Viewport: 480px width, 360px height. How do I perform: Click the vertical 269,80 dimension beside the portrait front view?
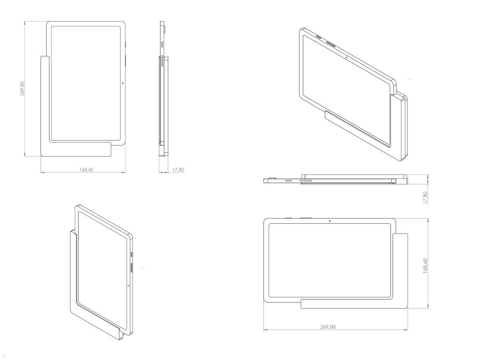coord(22,88)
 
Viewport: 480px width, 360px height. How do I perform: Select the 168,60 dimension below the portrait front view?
coord(86,170)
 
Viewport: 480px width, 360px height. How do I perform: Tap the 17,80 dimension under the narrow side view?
coord(178,170)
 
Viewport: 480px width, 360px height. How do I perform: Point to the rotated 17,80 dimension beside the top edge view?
coord(425,198)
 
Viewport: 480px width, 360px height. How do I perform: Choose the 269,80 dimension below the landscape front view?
coord(328,327)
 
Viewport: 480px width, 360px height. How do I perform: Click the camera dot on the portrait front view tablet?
coord(122,83)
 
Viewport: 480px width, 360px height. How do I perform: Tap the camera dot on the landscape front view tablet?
coord(329,221)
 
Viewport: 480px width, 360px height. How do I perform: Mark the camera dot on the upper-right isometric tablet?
coord(346,57)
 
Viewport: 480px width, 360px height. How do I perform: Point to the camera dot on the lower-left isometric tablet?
coord(128,285)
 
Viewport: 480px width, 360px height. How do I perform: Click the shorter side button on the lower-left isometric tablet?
coord(132,254)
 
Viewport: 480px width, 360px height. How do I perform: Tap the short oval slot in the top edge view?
coord(288,181)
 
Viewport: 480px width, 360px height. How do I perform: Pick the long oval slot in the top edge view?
coord(306,181)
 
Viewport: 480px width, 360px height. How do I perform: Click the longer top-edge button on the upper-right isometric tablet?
coord(331,43)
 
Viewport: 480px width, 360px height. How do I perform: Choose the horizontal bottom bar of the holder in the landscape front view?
coord(352,304)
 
